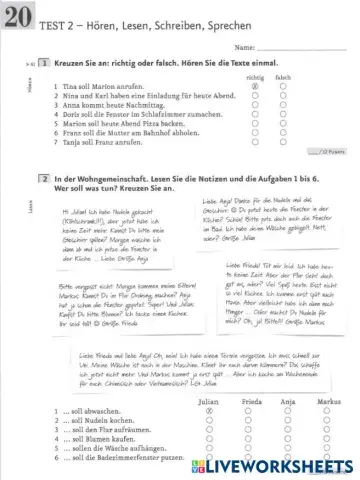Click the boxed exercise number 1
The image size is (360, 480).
coord(45,64)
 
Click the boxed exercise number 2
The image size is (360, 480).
coord(45,177)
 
